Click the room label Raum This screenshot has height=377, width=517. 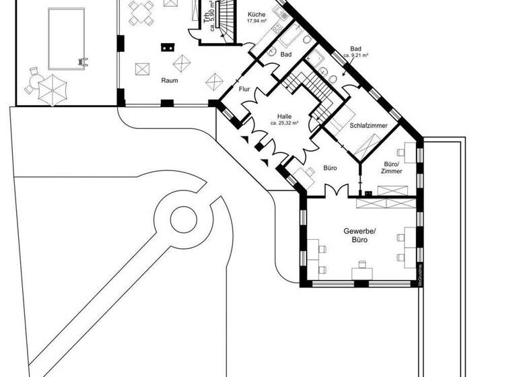[169, 80]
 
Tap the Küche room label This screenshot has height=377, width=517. [256, 14]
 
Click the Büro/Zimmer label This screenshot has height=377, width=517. [391, 167]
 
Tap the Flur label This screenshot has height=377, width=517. [244, 88]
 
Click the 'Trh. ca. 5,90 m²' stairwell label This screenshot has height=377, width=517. [210, 13]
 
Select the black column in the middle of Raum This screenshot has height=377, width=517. [167, 48]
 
